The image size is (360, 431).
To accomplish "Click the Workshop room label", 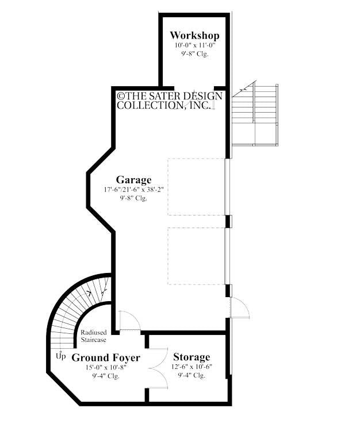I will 194,36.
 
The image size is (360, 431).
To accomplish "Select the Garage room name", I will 133,179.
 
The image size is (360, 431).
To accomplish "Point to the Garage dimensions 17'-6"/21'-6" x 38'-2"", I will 133,189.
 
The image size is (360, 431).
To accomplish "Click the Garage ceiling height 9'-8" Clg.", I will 133,198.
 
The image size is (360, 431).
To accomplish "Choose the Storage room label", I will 192,357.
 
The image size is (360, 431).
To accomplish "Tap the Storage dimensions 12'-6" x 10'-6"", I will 192,367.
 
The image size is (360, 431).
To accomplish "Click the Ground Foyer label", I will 105,357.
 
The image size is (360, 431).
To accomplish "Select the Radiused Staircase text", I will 93,336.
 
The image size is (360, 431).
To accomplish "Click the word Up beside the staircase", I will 61,356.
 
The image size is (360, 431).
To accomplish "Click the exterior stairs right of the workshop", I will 256,115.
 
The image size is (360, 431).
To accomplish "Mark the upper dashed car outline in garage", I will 196,187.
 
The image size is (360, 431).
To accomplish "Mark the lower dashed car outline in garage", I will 196,255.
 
